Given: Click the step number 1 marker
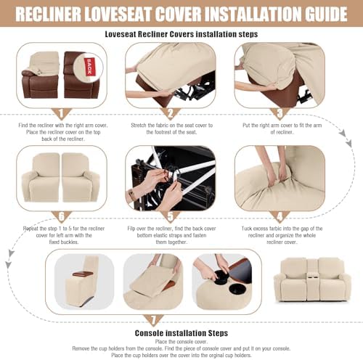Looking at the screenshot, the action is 61,114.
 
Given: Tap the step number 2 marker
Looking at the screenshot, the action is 171,114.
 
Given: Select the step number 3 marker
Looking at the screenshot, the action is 280,114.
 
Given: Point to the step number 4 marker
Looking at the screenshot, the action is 280,217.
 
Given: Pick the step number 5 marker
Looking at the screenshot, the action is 171,217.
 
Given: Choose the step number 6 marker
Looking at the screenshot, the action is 62,217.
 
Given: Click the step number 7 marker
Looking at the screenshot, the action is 153,320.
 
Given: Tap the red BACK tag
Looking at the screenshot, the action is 89,67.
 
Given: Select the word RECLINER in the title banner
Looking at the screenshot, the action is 48,14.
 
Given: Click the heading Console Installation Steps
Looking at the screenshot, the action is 181,333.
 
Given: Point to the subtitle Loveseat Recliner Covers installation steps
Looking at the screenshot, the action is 181,34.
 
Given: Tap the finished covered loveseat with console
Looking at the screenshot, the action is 312,280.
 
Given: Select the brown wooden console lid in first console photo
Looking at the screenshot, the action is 83,274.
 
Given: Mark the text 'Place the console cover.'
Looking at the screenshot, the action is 181,342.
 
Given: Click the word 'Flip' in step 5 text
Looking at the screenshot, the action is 131,229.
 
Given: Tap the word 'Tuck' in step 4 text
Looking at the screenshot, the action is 247,229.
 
